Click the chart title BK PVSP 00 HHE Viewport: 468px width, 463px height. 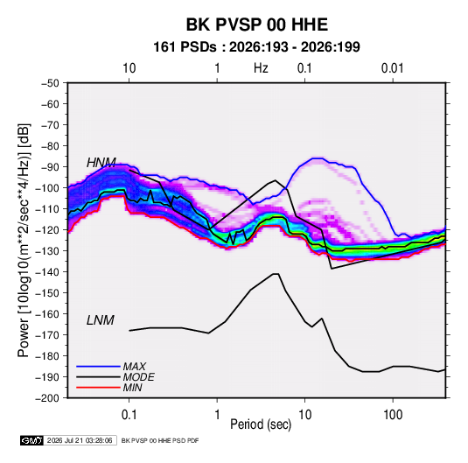coord(257,25)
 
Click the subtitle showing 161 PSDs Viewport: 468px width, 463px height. coord(256,47)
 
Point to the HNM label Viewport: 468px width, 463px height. coord(101,163)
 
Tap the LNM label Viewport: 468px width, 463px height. coord(101,320)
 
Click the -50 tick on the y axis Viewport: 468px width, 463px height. coord(50,83)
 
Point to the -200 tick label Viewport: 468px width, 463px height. coord(47,398)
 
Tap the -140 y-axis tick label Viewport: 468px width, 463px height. coord(47,272)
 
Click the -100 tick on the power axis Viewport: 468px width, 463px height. coord(47,188)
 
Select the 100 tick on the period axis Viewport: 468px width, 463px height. coord(393,415)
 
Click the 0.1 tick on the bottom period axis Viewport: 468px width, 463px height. coord(129,415)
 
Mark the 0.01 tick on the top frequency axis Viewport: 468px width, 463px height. coord(392,68)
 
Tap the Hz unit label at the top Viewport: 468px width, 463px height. coord(261,68)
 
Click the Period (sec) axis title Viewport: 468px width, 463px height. coord(261,424)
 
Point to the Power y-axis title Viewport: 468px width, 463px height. coord(24,241)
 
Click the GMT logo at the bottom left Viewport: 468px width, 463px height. coord(32,440)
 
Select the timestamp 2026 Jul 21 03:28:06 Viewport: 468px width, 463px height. coord(80,440)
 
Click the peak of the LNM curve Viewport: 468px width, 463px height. coord(276,274)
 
